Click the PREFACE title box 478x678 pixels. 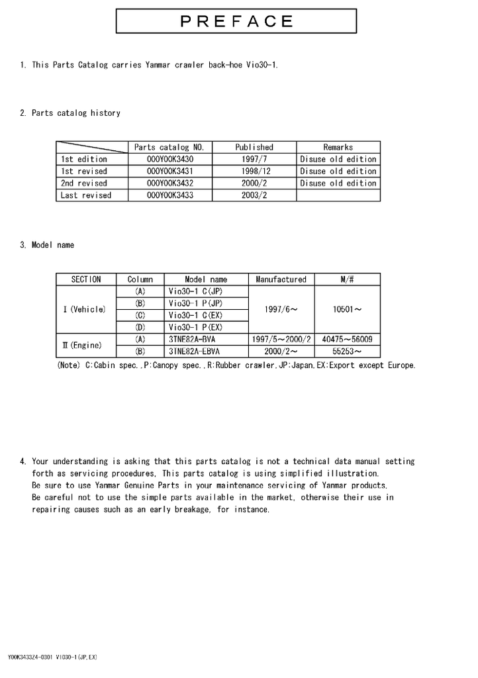tap(237, 21)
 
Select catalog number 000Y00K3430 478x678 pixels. tap(170, 159)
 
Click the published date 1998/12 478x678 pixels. tap(254, 171)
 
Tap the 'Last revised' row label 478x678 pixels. tap(86, 195)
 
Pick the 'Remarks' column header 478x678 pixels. tap(338, 147)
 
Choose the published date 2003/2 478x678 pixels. tap(254, 195)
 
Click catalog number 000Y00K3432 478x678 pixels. tap(170, 183)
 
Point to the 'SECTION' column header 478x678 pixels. tap(86, 279)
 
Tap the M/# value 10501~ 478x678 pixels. tap(347, 309)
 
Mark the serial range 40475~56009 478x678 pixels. tap(347, 340)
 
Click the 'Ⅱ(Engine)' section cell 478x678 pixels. tap(86, 345)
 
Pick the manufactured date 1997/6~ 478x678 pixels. tap(281, 309)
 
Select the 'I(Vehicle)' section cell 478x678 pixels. tap(86, 309)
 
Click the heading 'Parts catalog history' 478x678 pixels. tap(75, 113)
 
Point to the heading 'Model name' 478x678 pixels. tap(53, 245)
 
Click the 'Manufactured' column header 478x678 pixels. tap(281, 279)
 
